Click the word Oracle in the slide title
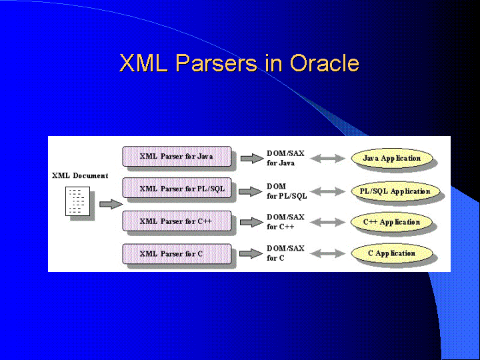325,63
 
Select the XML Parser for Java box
177,157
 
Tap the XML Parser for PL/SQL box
177,188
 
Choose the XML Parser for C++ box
177,221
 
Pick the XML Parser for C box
177,253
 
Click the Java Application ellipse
392,158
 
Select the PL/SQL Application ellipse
395,191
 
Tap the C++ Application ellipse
392,222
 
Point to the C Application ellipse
392,253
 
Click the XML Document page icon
78,201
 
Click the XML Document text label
80,176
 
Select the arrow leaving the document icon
111,204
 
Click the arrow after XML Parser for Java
251,158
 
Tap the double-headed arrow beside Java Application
327,159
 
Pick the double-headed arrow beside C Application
327,253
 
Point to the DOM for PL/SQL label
287,191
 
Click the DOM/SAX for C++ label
285,221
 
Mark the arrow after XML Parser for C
251,253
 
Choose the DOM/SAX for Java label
285,158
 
